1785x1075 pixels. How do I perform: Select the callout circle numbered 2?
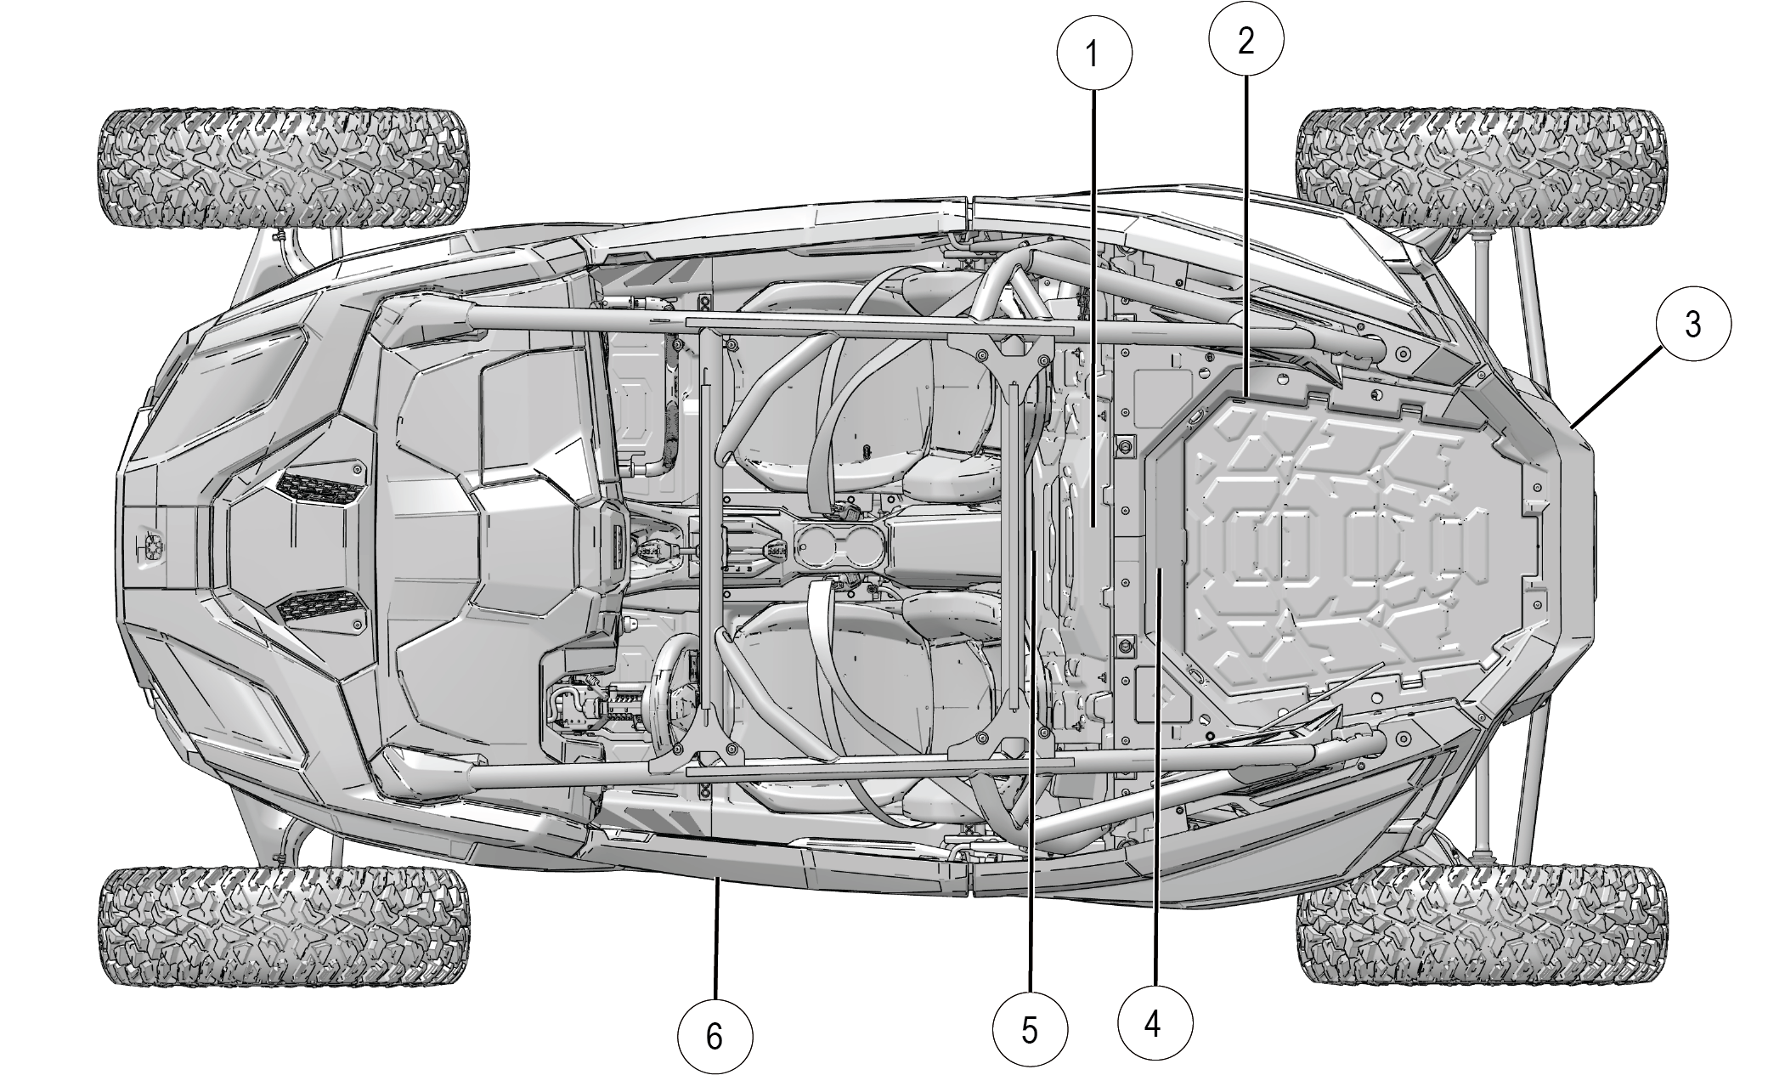[x=1246, y=39]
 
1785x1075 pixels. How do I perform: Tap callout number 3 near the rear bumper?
[x=1692, y=324]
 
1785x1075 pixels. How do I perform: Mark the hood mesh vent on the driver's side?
[x=318, y=605]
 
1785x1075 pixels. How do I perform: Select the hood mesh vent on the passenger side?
[x=318, y=489]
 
